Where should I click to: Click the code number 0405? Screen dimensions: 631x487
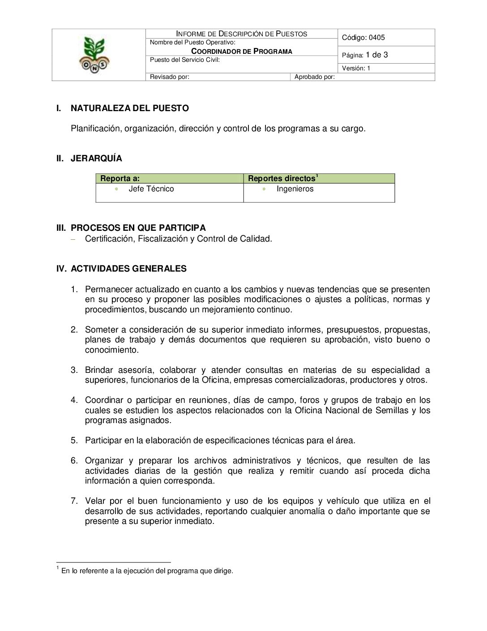click(x=376, y=38)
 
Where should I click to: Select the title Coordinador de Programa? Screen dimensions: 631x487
click(x=242, y=51)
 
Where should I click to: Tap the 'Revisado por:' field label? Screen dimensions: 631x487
click(x=169, y=77)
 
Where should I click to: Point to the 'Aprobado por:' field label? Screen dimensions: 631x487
click(x=315, y=77)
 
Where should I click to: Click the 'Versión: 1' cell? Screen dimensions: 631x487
click(x=356, y=68)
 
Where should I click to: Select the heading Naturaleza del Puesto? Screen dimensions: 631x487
click(x=129, y=108)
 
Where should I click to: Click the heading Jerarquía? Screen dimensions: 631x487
click(x=96, y=158)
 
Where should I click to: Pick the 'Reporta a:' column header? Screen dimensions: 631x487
click(x=120, y=178)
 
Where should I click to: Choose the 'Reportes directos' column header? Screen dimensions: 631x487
click(x=282, y=178)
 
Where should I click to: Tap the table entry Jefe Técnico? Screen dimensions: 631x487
click(x=151, y=189)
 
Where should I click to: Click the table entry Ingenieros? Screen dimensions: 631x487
click(x=295, y=189)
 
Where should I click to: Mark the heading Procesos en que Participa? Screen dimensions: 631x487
click(x=138, y=228)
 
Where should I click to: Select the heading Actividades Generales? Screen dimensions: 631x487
click(x=128, y=268)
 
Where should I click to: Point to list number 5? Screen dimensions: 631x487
click(x=74, y=440)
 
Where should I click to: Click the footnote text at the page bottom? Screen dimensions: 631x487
click(x=147, y=571)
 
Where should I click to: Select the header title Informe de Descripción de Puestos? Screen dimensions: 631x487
click(x=242, y=34)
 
